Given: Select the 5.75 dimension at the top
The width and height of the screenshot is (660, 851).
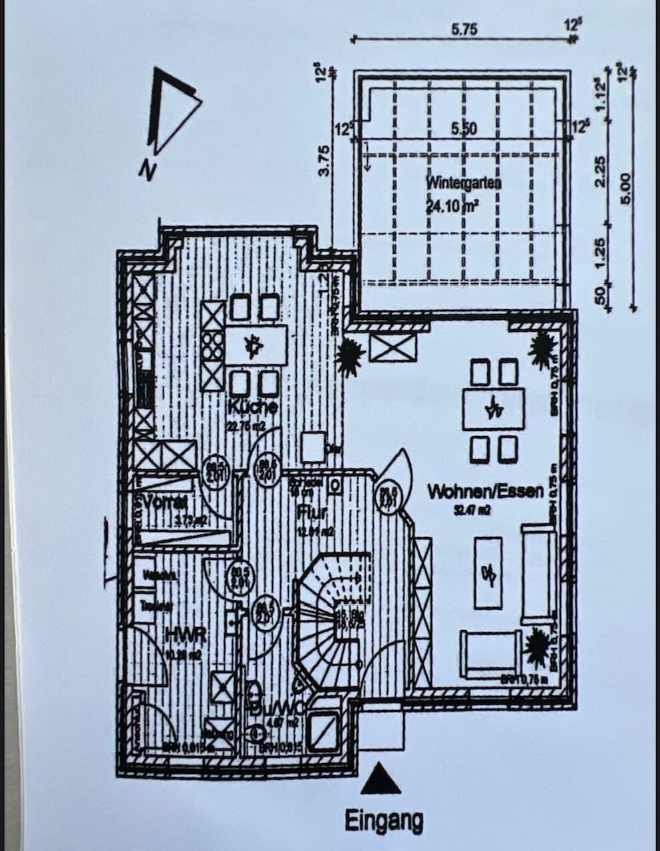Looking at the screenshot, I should point(464,29).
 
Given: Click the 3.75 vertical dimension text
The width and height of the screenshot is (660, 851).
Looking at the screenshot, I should point(324,160).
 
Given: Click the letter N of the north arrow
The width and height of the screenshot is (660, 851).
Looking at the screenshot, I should point(146,171).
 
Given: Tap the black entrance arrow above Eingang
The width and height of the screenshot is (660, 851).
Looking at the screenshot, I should point(381,779).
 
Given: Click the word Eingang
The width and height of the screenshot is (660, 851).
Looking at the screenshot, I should point(383,822).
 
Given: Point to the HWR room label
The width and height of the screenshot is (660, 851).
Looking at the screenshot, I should point(184,635).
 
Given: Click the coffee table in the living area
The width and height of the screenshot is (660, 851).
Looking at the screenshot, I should point(488,572).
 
